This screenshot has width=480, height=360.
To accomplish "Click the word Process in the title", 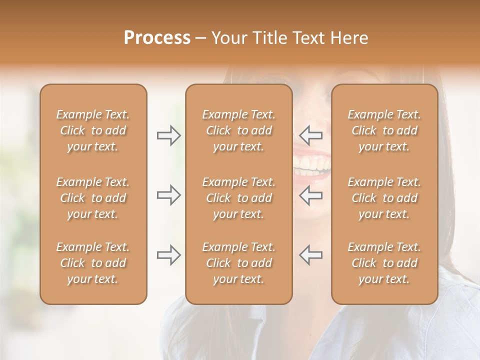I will click(x=157, y=38).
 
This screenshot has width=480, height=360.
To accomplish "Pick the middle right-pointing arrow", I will click(x=168, y=195).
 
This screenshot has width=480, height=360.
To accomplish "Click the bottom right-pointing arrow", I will click(x=168, y=254).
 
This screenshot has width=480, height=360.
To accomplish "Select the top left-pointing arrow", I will click(x=311, y=135).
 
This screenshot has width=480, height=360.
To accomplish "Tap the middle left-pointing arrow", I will click(x=311, y=195).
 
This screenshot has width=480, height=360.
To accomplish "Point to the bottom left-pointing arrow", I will click(x=311, y=254).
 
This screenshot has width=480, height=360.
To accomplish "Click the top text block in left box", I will click(x=93, y=130).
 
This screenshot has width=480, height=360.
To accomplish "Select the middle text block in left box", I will click(x=93, y=198).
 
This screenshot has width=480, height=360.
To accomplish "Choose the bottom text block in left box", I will click(x=93, y=263).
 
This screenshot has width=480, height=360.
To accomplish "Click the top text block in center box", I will click(x=238, y=130).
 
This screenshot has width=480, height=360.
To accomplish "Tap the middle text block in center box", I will click(x=238, y=198).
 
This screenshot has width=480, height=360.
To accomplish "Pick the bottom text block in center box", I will click(x=238, y=263).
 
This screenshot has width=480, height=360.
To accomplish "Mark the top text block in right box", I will click(x=384, y=130).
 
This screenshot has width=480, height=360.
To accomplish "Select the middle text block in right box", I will click(x=384, y=198).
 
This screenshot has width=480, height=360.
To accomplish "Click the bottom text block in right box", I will click(x=384, y=263).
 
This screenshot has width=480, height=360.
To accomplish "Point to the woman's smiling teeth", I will click(x=313, y=165).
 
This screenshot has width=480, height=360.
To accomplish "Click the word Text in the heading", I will click(x=306, y=38).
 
